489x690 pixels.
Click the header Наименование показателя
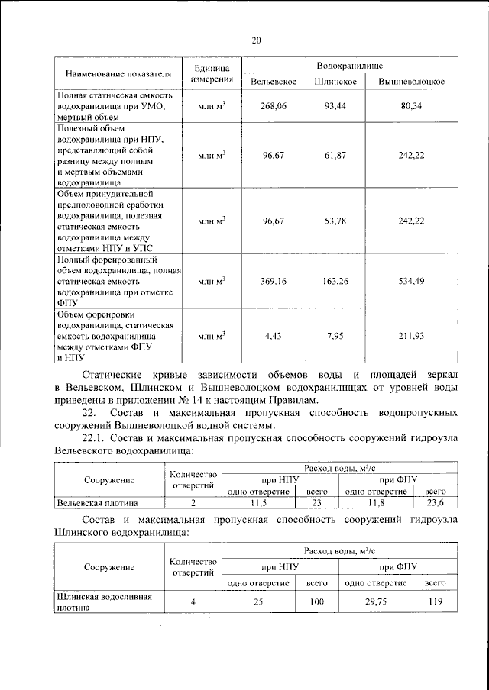pyautogui.click(x=117, y=74)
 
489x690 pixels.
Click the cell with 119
pyautogui.click(x=436, y=602)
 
